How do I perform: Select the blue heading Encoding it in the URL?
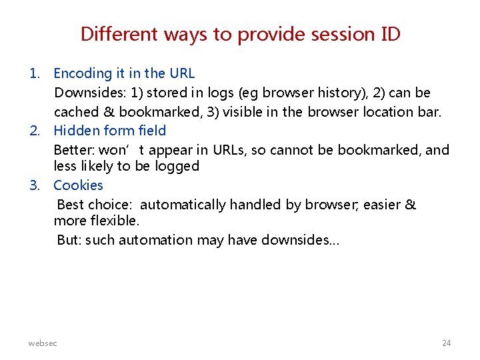point(124,73)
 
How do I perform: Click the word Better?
point(74,150)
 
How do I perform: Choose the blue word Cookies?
point(78,185)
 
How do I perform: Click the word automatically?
point(183,205)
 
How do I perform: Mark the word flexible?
point(115,221)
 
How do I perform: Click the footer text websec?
point(43,343)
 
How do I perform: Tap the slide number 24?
point(447,343)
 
